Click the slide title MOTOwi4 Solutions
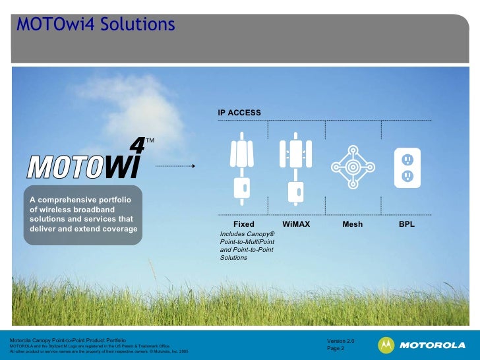click(x=96, y=25)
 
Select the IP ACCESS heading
click(x=239, y=113)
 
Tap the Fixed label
click(x=243, y=224)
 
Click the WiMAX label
click(x=296, y=224)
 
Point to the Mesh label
click(x=352, y=224)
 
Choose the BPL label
click(x=407, y=224)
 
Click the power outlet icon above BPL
click(x=407, y=167)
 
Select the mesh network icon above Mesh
click(x=353, y=167)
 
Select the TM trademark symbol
click(x=150, y=140)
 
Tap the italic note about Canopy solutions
click(x=247, y=246)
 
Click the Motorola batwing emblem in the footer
click(x=386, y=345)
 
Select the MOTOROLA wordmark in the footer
click(x=432, y=345)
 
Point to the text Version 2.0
click(x=340, y=340)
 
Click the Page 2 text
click(x=336, y=348)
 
